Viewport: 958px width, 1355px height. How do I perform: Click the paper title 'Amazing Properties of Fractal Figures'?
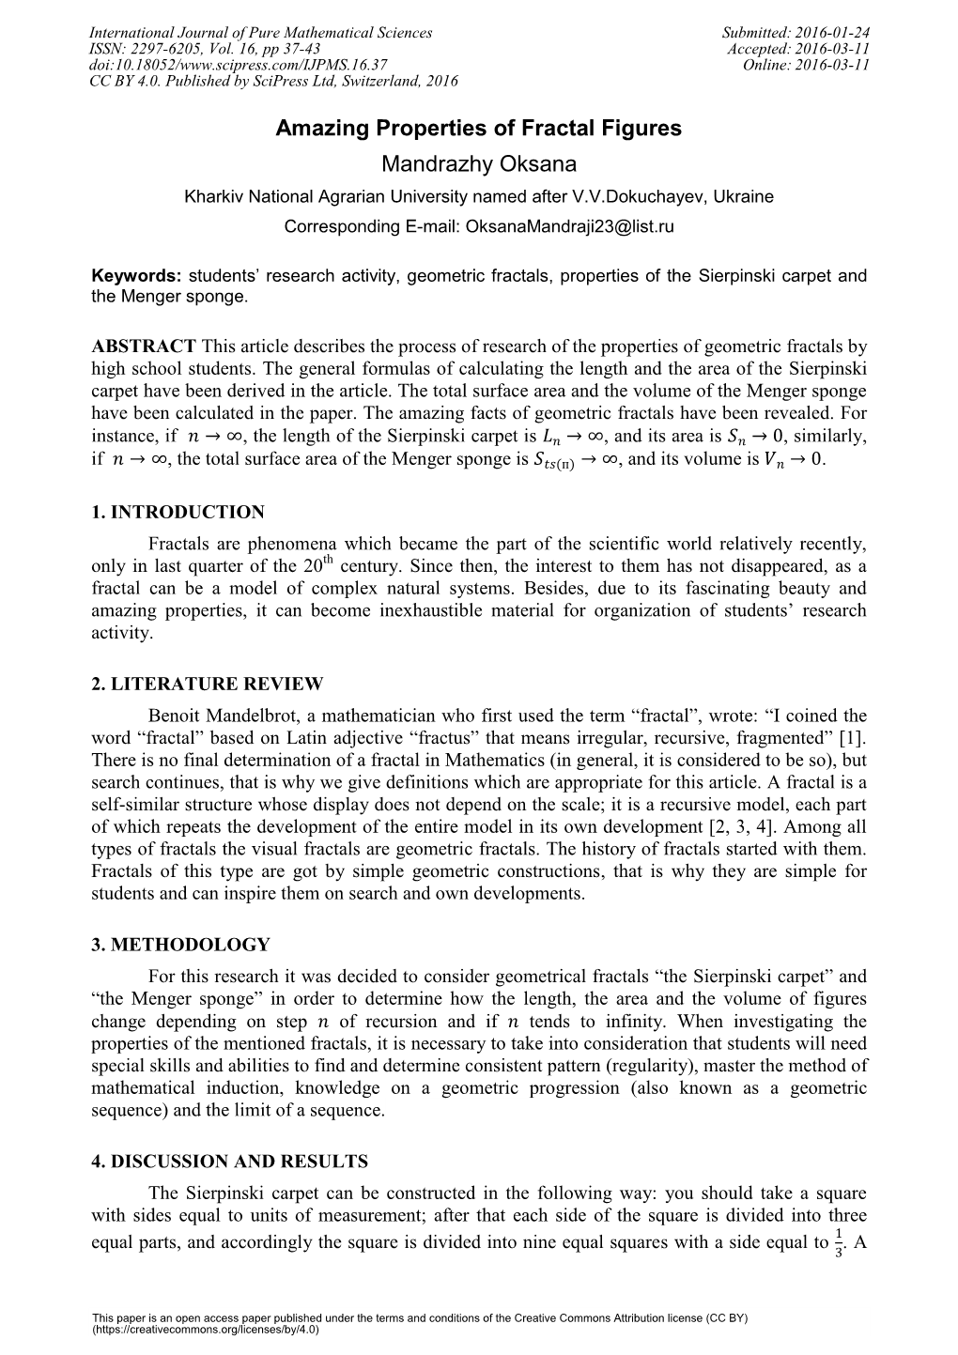coord(478,129)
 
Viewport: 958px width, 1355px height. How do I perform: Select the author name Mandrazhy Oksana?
coord(478,164)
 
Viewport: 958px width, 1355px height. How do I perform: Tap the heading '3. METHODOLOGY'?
coord(180,944)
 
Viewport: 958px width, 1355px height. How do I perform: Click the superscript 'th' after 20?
coord(328,561)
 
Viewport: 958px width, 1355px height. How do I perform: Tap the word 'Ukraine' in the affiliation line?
coord(746,196)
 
